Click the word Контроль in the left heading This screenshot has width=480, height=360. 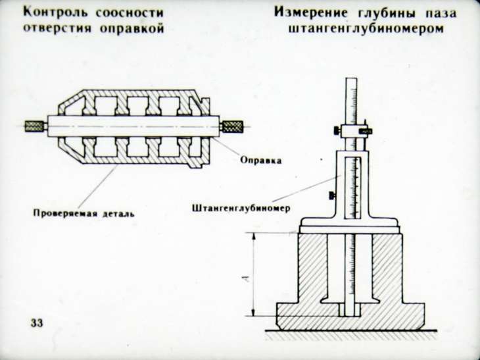(54, 14)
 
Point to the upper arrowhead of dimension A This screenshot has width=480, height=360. (253, 237)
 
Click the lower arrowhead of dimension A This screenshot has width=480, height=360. (253, 313)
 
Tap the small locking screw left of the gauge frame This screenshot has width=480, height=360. (332, 195)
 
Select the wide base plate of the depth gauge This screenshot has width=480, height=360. (349, 226)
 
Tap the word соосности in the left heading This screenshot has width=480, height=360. (130, 14)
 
